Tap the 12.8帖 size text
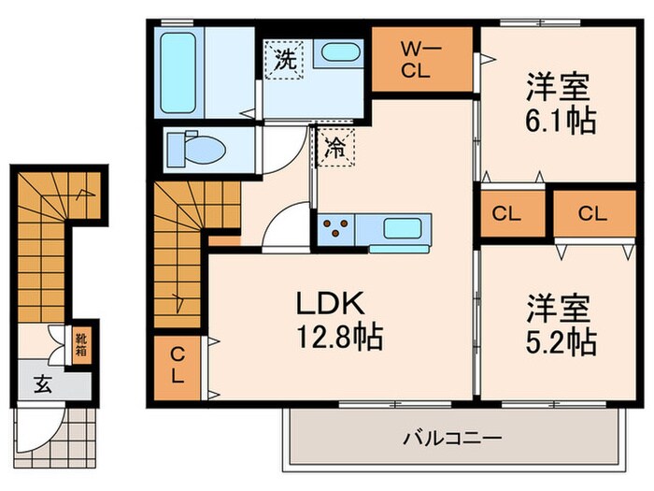(340, 336)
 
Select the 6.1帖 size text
(560, 120)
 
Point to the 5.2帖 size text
(560, 341)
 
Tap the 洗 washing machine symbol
(285, 60)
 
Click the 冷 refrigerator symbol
(334, 147)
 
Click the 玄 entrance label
(44, 383)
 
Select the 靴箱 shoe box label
(81, 345)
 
